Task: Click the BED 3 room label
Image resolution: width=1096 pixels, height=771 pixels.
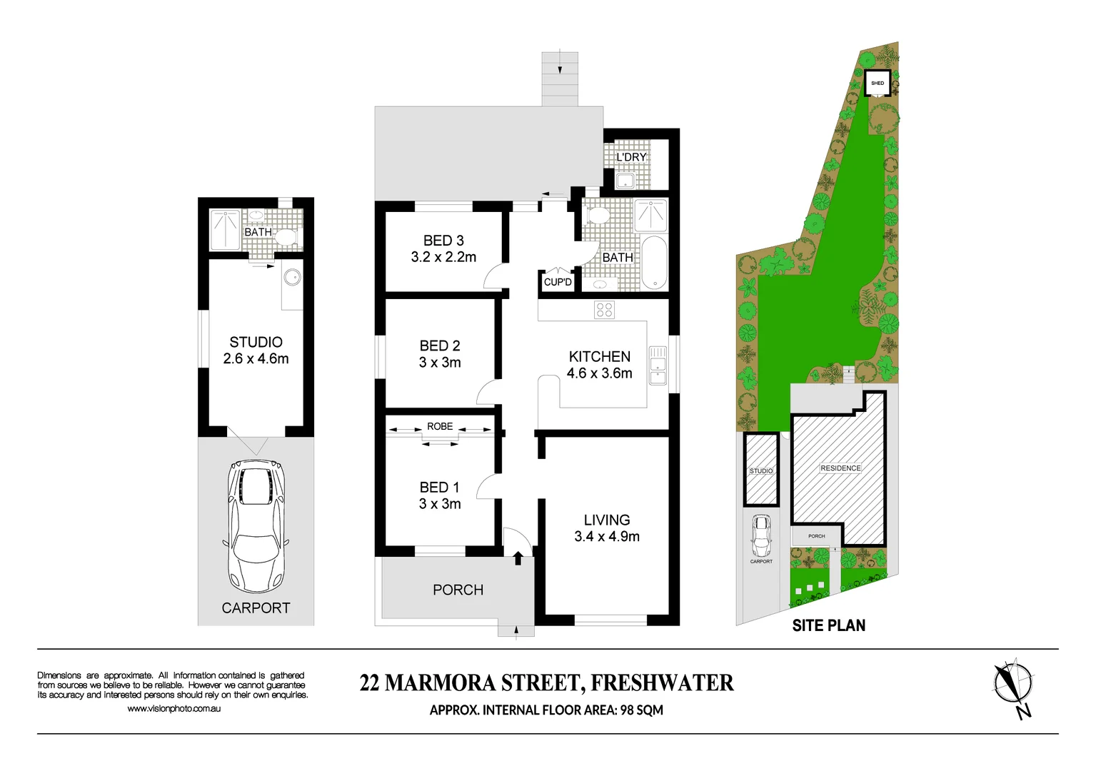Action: [443, 241]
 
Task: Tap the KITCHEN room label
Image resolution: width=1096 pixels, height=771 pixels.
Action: [599, 357]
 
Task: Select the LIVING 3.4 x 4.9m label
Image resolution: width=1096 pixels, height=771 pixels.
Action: [607, 528]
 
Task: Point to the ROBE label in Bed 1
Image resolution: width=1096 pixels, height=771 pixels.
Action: [440, 427]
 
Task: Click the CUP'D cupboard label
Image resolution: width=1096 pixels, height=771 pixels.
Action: [558, 282]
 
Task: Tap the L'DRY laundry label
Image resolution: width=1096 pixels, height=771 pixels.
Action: [631, 157]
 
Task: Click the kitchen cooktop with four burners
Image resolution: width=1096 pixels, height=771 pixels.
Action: [604, 310]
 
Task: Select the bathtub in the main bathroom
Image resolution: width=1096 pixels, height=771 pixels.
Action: [653, 262]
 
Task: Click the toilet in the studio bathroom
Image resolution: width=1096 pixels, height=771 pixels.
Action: [286, 237]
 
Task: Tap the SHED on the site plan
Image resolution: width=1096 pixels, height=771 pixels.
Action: [878, 83]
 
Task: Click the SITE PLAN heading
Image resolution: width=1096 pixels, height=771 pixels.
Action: [828, 625]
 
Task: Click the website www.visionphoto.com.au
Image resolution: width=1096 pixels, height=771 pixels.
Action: [174, 709]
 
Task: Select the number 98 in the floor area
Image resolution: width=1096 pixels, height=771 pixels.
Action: [627, 710]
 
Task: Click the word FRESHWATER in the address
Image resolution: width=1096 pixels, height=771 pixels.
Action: [662, 683]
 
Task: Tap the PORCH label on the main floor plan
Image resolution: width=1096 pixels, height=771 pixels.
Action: [458, 590]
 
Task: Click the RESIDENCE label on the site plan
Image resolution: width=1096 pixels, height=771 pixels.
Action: [840, 468]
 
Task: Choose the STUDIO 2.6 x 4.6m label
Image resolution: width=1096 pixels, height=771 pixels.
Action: [256, 351]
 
